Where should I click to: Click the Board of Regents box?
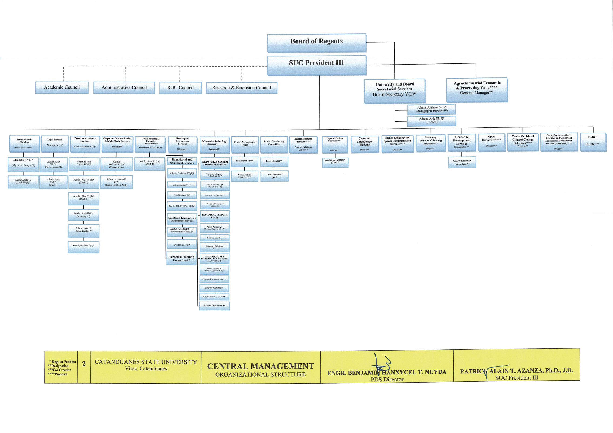pos(316,43)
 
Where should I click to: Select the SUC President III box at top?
pos(316,65)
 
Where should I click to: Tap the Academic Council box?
pos(62,87)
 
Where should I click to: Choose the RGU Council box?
pos(180,88)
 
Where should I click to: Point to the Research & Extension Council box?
pos(241,88)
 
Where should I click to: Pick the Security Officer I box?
pos(83,246)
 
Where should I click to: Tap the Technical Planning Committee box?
pos(181,259)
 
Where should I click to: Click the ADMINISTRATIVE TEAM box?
pos(214,306)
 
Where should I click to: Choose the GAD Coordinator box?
pos(462,163)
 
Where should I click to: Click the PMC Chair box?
pos(274,161)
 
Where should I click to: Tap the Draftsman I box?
pos(182,245)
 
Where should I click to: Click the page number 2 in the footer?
pos(84,364)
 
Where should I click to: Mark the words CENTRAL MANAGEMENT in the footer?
pos(261,366)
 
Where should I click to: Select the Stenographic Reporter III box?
pos(432,109)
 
